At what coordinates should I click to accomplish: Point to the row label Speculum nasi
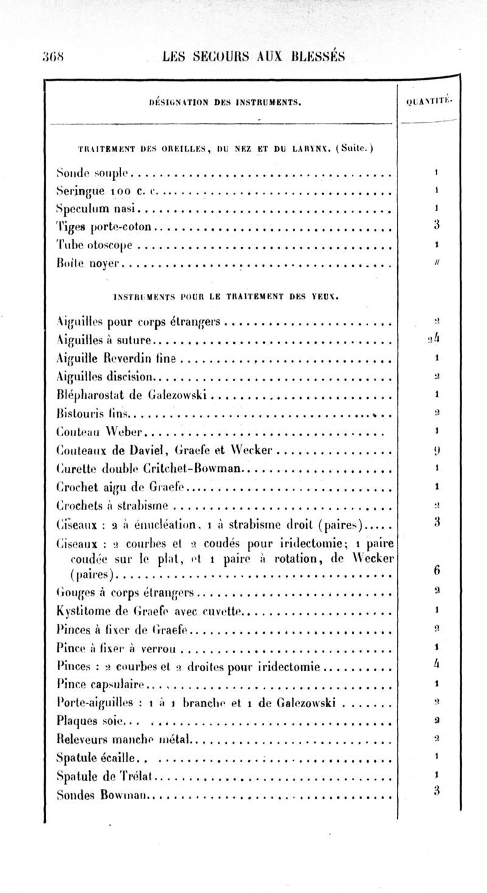98,210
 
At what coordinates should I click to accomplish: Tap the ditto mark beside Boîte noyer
437,264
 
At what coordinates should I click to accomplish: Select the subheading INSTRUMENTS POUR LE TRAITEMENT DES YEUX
226,298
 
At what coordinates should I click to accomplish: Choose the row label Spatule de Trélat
106,775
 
